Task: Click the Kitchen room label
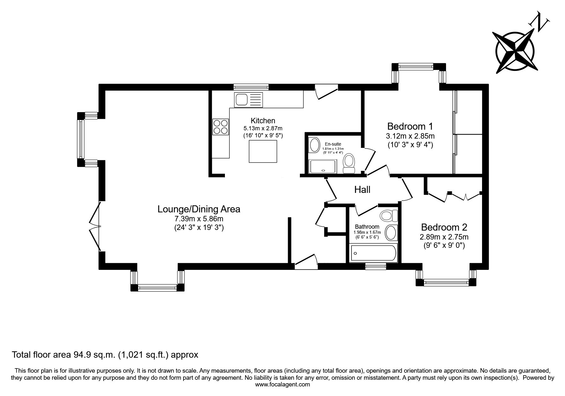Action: click(263, 121)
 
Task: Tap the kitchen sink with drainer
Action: click(248, 100)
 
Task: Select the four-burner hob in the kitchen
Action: click(220, 126)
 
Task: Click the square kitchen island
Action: click(263, 151)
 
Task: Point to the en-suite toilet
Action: click(349, 164)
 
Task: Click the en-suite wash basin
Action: click(315, 145)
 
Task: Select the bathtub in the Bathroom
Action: click(373, 254)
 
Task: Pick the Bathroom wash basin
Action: click(391, 232)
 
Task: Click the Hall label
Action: click(362, 190)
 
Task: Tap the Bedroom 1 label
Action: click(410, 126)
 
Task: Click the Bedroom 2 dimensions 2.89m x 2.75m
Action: click(444, 237)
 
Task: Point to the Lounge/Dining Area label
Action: click(199, 209)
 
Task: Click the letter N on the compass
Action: click(539, 21)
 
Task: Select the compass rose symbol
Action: click(515, 51)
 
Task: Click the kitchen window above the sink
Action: click(251, 87)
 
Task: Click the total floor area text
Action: click(105, 354)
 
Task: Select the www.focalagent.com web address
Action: click(283, 385)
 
